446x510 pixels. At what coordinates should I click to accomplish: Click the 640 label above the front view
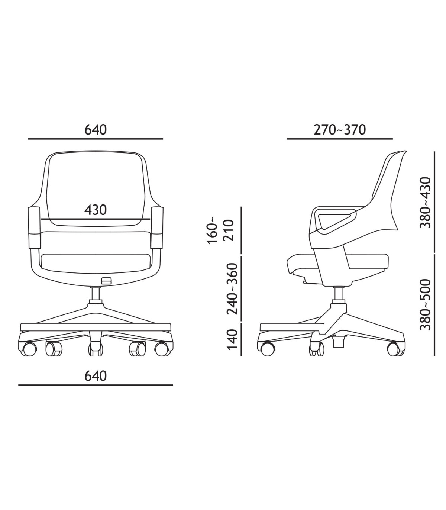[x=96, y=130]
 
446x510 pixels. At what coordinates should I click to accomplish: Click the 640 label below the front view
[x=96, y=376]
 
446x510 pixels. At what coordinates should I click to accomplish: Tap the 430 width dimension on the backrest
[x=96, y=210]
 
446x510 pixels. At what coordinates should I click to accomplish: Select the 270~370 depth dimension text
[x=340, y=130]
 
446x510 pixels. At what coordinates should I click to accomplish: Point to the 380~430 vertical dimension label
[x=425, y=203]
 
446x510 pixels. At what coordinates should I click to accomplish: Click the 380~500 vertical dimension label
[x=425, y=304]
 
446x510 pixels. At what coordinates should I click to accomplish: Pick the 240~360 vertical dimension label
[x=232, y=288]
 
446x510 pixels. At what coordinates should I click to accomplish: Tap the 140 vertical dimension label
[x=232, y=339]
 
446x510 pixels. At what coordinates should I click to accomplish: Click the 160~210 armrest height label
[x=221, y=230]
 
